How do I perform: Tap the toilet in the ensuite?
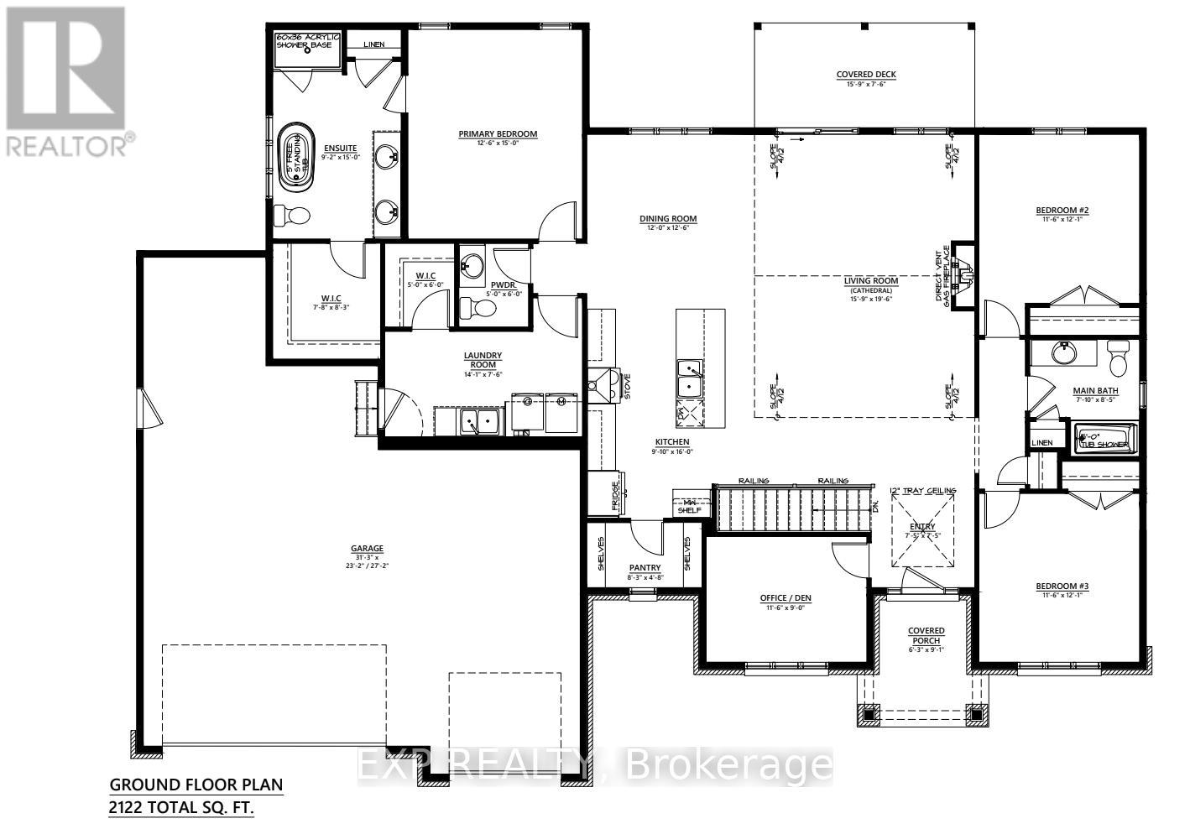[x=293, y=216]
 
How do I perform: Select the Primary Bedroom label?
[x=498, y=134]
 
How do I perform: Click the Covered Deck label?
[x=866, y=75]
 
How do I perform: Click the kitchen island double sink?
[x=691, y=378]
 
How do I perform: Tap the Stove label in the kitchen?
[x=627, y=387]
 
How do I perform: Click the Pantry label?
[x=645, y=568]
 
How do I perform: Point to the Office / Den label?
[x=786, y=598]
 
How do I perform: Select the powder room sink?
[x=472, y=266]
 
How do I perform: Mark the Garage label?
[x=367, y=549]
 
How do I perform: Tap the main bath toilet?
[x=1119, y=360]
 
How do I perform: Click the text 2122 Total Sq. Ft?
[x=181, y=808]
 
